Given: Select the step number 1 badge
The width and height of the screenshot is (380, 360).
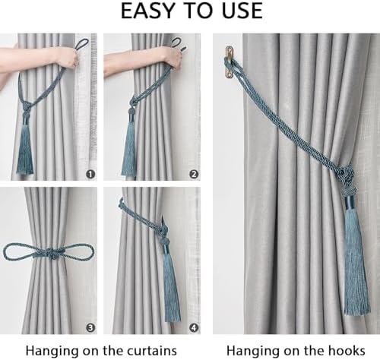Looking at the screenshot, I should [x=90, y=174].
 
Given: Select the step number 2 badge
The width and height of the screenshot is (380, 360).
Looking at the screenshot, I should [x=193, y=174].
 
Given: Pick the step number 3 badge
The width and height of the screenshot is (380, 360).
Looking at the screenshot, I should [x=90, y=328].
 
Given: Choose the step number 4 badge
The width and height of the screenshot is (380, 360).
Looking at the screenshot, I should [x=193, y=328].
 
